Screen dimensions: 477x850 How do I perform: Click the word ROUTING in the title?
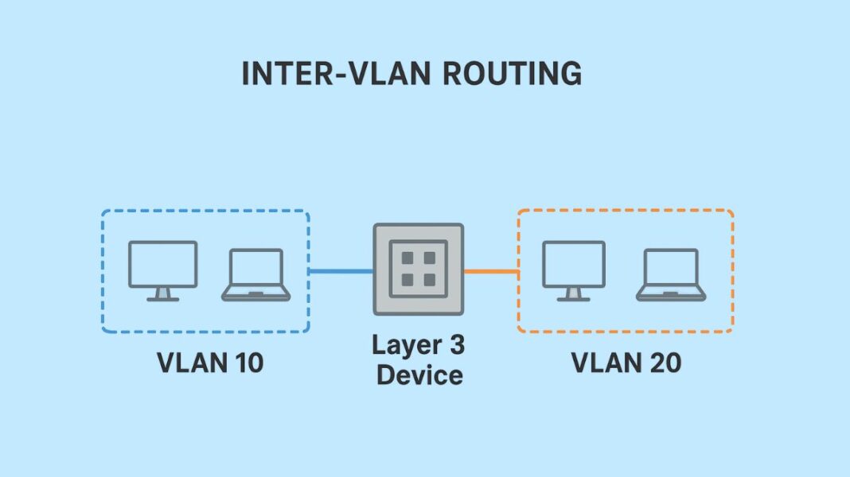pyautogui.click(x=511, y=74)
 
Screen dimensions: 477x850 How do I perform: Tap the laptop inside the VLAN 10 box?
pyautogui.click(x=255, y=275)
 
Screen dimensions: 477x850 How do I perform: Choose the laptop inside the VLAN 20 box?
pyautogui.click(x=670, y=275)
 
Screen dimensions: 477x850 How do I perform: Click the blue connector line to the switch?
pyautogui.click(x=341, y=272)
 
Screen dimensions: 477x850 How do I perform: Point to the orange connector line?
pyautogui.click(x=491, y=272)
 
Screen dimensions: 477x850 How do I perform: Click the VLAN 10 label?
pyautogui.click(x=210, y=363)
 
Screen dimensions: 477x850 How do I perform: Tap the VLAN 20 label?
pyautogui.click(x=626, y=363)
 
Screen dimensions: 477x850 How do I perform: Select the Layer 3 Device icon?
pyautogui.click(x=419, y=270)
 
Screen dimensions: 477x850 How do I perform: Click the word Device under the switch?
pyautogui.click(x=419, y=374)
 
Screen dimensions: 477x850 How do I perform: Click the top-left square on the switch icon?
pyautogui.click(x=408, y=259)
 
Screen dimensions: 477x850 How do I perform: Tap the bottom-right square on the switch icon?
pyautogui.click(x=429, y=280)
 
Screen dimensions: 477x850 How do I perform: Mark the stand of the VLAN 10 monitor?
pyautogui.click(x=163, y=294)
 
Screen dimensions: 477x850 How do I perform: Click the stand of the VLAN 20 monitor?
pyautogui.click(x=573, y=294)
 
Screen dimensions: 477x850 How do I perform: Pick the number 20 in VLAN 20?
pyautogui.click(x=665, y=363)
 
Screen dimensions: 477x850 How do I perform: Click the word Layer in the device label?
pyautogui.click(x=405, y=346)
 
